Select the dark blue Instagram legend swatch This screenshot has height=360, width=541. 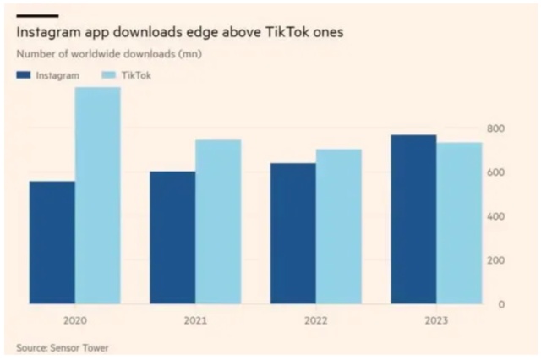coord(24,75)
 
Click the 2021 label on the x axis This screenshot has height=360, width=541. coord(195,320)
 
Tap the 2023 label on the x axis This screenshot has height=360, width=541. coord(436,320)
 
